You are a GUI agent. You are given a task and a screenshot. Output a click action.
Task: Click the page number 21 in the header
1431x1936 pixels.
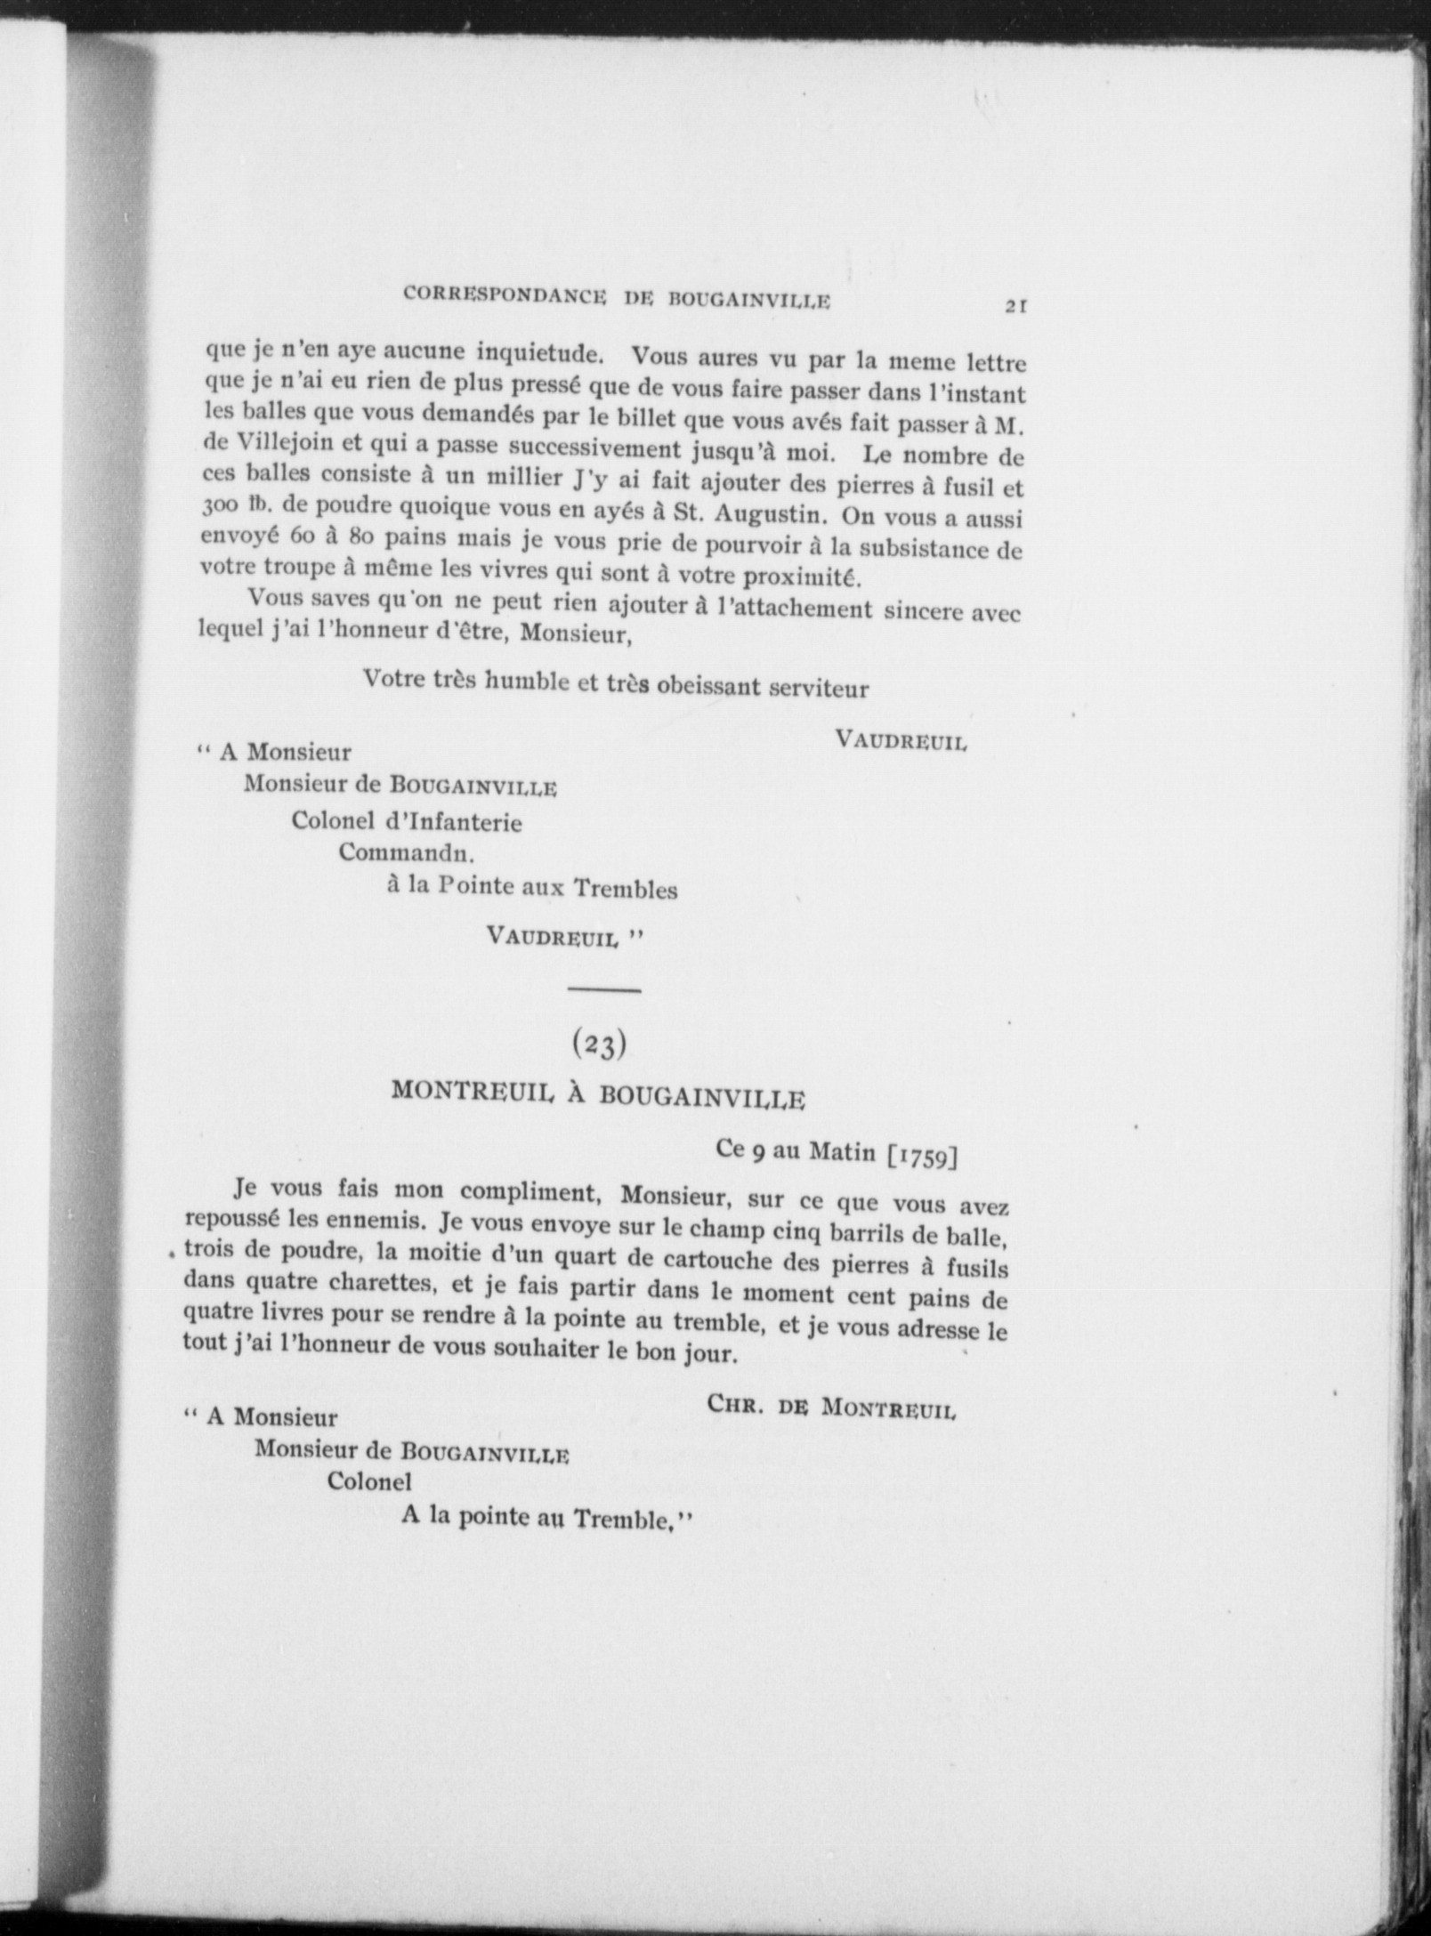pos(1016,305)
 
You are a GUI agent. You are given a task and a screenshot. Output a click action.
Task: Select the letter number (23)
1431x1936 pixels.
pos(599,1045)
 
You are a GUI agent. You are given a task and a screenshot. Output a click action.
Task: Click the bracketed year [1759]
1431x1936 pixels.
pos(922,1157)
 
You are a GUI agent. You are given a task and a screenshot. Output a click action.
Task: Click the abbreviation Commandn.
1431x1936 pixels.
pos(406,853)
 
